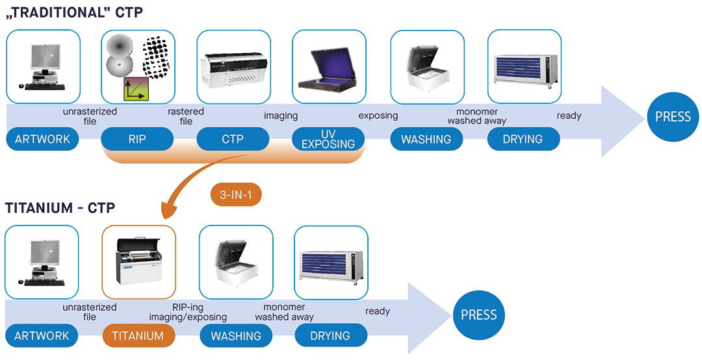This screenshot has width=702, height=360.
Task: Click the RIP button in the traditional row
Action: pyautogui.click(x=137, y=139)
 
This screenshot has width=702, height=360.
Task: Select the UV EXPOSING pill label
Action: pyautogui.click(x=328, y=139)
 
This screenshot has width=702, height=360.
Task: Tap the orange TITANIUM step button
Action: pyautogui.click(x=138, y=335)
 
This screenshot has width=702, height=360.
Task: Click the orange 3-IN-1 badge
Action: pyautogui.click(x=236, y=194)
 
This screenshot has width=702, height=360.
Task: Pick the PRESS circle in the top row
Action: pyautogui.click(x=673, y=118)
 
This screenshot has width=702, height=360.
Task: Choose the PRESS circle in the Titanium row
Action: pyautogui.click(x=478, y=315)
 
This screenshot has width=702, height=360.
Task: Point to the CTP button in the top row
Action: pyautogui.click(x=232, y=139)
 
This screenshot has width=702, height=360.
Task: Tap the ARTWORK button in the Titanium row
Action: pyautogui.click(x=42, y=335)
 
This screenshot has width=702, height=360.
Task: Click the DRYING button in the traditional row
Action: pyautogui.click(x=523, y=139)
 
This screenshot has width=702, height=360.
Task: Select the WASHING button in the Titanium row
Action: pyautogui.click(x=235, y=335)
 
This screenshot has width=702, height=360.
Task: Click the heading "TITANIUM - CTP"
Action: pyautogui.click(x=60, y=208)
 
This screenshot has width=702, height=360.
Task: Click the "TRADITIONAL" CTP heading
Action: pyautogui.click(x=74, y=12)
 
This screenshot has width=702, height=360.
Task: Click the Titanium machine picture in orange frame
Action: pyautogui.click(x=139, y=261)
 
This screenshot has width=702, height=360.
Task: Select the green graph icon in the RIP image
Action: pyautogui.click(x=134, y=87)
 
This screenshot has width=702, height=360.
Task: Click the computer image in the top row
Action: pyautogui.click(x=42, y=66)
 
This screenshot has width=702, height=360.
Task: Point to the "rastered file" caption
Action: pyautogui.click(x=186, y=116)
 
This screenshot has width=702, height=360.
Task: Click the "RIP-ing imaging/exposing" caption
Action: pyautogui.click(x=188, y=312)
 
